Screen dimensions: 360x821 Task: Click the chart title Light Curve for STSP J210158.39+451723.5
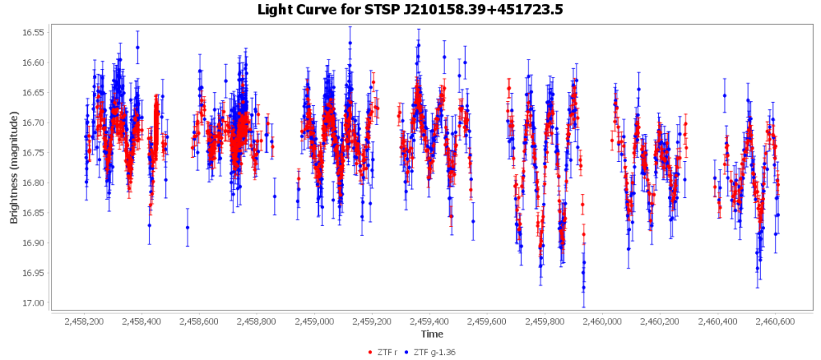click(410, 10)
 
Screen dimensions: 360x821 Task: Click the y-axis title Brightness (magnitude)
click(14, 166)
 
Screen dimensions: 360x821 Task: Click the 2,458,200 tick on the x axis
click(86, 321)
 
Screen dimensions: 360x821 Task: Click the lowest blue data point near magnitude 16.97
click(584, 288)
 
